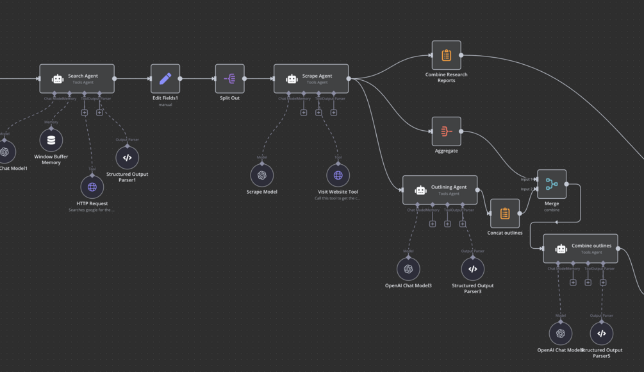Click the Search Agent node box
pos(77,79)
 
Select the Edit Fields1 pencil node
pos(165,78)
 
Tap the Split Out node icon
pos(229,78)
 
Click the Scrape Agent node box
pos(311,79)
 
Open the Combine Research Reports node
pos(446,55)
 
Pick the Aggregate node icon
pos(446,131)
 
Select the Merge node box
pos(551,184)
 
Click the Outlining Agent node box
pos(440,190)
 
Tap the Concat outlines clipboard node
pos(504,213)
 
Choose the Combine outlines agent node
pos(580,248)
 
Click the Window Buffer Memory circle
pos(51,140)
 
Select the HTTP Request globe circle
pos(92,187)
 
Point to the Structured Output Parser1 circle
pos(127,158)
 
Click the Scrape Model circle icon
pos(261,175)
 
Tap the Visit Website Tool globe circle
pos(338,175)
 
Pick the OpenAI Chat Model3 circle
pos(408,269)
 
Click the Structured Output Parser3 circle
pos(472,269)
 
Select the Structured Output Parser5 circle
pos(601,333)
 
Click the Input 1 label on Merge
pos(525,180)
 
